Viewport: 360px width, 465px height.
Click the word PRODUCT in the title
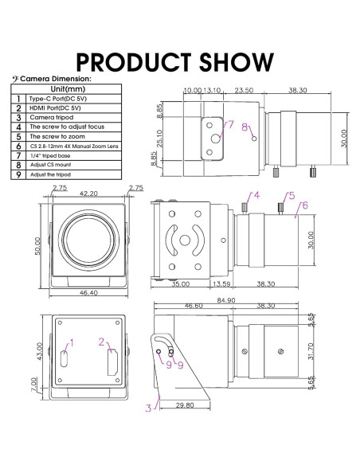(134, 62)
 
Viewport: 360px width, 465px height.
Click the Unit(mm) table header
(68, 89)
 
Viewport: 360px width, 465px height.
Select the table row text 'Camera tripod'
(52, 117)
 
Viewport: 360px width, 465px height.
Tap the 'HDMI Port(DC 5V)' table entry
(55, 108)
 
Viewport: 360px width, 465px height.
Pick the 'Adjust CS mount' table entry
(51, 165)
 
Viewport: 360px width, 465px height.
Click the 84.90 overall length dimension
(226, 300)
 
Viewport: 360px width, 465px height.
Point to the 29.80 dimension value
(185, 405)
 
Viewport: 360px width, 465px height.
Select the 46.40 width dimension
(88, 293)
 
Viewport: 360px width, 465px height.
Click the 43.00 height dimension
(40, 351)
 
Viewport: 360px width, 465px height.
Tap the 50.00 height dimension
(37, 246)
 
